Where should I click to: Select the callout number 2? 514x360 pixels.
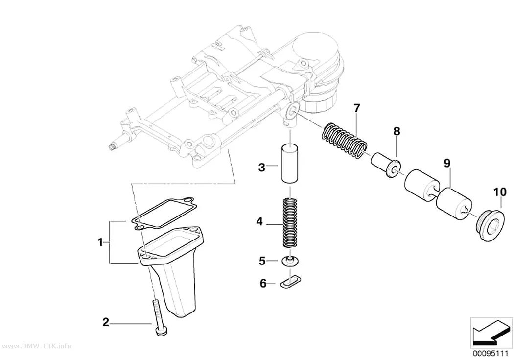coord(106,322)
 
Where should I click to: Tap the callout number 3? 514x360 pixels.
coord(261,168)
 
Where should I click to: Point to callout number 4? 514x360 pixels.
coord(259,222)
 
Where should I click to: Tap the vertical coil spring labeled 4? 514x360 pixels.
coord(290,222)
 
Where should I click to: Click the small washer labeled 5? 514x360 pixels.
coord(290,262)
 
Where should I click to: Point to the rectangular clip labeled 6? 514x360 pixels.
coord(291,282)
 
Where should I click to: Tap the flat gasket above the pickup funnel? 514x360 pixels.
coord(161,213)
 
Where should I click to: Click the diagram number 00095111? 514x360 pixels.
coord(491,354)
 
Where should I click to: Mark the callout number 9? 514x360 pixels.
coord(447,163)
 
